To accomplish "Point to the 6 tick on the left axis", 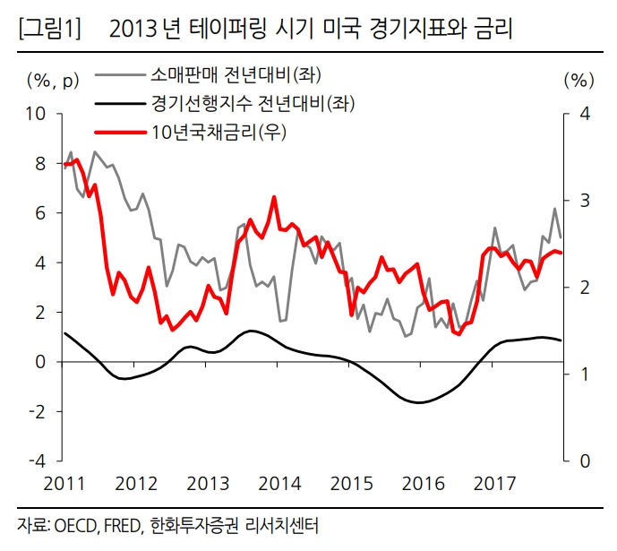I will coord(40,213).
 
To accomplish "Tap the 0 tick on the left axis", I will coord(40,362).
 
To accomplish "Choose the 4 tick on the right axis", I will coord(584,114).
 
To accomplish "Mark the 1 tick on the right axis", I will coord(584,374).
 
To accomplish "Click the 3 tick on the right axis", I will coord(584,201).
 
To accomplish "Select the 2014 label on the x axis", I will coord(279,485).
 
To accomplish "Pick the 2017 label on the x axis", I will coord(495,485).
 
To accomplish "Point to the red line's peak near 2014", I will coord(272,197).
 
